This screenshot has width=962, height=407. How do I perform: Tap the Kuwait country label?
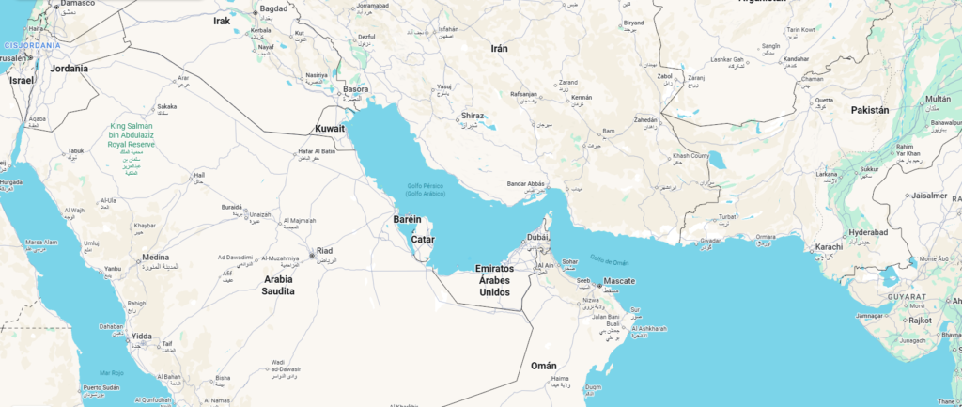coord(330,128)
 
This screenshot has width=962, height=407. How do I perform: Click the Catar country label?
coord(422,239)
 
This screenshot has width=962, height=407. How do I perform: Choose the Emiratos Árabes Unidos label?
coord(494,280)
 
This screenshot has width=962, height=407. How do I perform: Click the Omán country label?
coord(543,365)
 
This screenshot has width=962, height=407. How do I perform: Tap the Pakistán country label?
coord(869,110)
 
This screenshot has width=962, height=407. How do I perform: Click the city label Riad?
coord(324,250)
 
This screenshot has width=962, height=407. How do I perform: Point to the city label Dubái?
coord(537,238)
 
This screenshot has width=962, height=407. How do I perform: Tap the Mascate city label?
coord(620,281)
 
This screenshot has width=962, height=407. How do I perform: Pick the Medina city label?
coord(155,257)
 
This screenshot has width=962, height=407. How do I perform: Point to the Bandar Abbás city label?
coord(527,182)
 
